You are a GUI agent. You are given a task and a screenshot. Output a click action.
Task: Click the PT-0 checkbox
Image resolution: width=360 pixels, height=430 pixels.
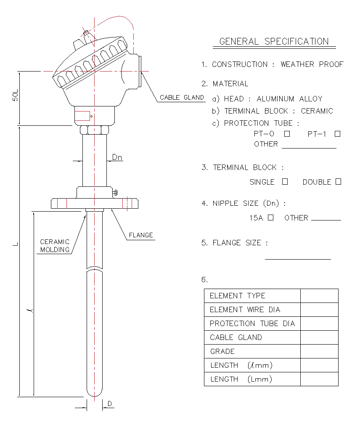pos(287,134)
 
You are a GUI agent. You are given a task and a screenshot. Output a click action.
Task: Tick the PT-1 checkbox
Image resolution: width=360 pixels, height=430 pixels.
pos(338,134)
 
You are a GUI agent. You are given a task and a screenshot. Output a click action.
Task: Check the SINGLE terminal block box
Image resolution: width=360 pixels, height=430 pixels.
pos(285,181)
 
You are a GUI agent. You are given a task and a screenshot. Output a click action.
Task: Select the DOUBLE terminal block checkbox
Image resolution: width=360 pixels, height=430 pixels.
pos(338,181)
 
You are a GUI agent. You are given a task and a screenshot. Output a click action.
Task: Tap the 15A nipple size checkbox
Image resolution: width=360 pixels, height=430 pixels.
pos(270,218)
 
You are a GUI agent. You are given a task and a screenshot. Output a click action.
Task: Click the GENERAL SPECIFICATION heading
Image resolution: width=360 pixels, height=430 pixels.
pos(274,41)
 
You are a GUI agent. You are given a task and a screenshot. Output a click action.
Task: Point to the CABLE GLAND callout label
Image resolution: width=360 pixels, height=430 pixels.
pos(182,98)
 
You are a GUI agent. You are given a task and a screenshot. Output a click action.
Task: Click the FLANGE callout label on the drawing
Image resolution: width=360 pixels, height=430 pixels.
pos(141,235)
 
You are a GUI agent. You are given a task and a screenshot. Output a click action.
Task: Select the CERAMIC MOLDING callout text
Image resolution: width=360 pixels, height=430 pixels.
pos(55,246)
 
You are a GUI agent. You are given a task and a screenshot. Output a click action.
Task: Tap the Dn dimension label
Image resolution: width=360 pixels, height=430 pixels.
pos(117,157)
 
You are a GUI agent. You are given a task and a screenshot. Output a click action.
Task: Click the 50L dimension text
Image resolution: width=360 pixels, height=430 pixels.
pos(16,95)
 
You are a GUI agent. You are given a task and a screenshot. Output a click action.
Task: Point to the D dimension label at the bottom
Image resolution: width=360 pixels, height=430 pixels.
pos(110,403)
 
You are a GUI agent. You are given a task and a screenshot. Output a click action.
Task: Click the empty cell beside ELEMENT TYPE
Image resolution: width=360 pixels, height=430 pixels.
pos(320,296)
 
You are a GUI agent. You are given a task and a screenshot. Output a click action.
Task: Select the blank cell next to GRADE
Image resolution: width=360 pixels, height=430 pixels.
pos(320,351)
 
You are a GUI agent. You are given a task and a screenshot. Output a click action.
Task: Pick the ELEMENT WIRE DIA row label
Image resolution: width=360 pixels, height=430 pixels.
pos(245,310)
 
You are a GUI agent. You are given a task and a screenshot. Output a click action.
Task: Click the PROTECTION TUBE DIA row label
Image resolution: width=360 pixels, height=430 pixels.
pos(252,324)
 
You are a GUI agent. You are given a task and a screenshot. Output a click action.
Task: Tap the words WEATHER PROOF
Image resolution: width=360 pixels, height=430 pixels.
pos(312,64)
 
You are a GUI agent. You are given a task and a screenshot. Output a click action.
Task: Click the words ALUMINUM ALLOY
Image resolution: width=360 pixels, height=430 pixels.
pos(289,99)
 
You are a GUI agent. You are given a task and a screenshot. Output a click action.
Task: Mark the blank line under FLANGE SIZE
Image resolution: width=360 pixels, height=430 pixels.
pos(298,259)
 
